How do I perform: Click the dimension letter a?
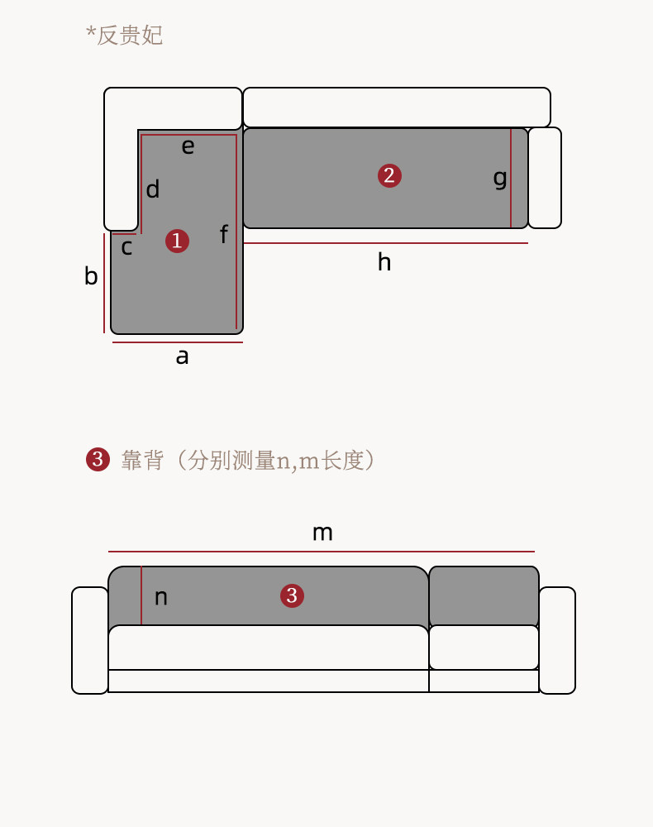click(x=182, y=357)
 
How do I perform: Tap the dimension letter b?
click(x=91, y=277)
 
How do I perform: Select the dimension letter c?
click(x=126, y=247)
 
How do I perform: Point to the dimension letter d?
click(x=153, y=190)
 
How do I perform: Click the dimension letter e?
click(x=188, y=147)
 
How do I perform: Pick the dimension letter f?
click(x=223, y=235)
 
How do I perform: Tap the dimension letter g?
click(x=500, y=178)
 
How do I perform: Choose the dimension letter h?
click(x=384, y=263)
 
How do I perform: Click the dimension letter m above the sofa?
click(x=322, y=533)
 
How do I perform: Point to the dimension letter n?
click(x=161, y=598)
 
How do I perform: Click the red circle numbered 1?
click(x=177, y=241)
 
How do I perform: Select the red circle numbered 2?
click(x=389, y=176)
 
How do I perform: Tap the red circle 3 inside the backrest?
click(x=292, y=595)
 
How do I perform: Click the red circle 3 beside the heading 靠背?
click(x=98, y=460)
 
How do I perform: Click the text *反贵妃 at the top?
click(x=125, y=36)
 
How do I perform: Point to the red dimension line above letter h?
click(x=385, y=243)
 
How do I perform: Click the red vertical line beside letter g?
click(x=511, y=178)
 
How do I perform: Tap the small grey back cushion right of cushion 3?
click(x=484, y=595)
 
